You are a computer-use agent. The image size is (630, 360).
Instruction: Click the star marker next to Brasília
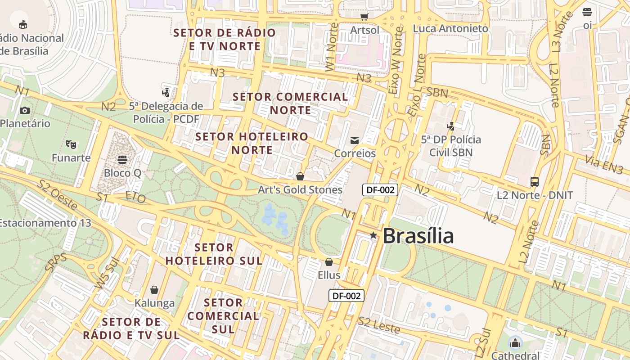pyautogui.click(x=373, y=235)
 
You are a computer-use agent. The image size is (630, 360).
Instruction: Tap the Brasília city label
pyautogui.click(x=418, y=236)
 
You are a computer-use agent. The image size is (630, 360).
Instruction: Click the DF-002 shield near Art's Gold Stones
pyautogui.click(x=380, y=189)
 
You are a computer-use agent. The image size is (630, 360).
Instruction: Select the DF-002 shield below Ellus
pyautogui.click(x=346, y=296)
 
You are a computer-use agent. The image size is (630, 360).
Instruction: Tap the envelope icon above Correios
pyautogui.click(x=355, y=140)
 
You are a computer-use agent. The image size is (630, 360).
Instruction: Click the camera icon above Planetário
pyautogui.click(x=25, y=110)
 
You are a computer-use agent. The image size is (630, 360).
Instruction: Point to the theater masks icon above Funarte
pyautogui.click(x=71, y=144)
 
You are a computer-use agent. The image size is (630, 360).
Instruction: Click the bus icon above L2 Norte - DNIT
pyautogui.click(x=535, y=182)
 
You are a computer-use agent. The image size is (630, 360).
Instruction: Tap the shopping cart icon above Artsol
pyautogui.click(x=364, y=17)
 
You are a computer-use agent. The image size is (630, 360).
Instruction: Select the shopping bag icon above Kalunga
pyautogui.click(x=154, y=290)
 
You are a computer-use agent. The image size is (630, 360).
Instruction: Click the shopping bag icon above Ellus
pyautogui.click(x=329, y=262)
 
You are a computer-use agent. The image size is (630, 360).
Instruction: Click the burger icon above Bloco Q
pyautogui.click(x=122, y=159)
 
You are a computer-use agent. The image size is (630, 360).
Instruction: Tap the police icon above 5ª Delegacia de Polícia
pyautogui.click(x=166, y=93)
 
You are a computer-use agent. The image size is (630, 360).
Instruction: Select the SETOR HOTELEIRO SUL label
pyautogui.click(x=214, y=254)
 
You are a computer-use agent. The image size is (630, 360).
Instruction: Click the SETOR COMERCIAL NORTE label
pyautogui.click(x=290, y=103)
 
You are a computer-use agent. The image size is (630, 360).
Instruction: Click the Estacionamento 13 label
pyautogui.click(x=45, y=223)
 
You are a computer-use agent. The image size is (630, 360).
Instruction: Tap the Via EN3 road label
pyautogui.click(x=604, y=164)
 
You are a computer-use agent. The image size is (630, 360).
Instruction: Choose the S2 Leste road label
pyautogui.click(x=379, y=325)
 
